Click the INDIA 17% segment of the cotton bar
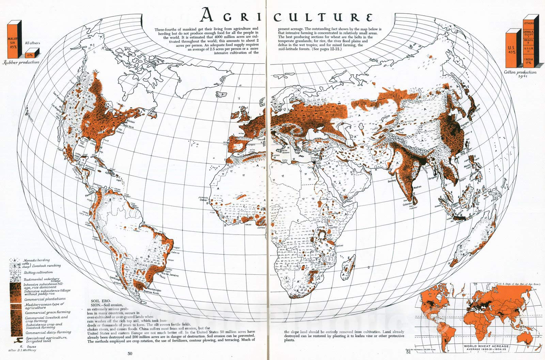point(529,61)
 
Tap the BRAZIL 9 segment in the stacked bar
point(529,43)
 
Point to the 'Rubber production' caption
point(21,62)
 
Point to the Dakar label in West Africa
point(203,201)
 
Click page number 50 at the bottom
point(130,354)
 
